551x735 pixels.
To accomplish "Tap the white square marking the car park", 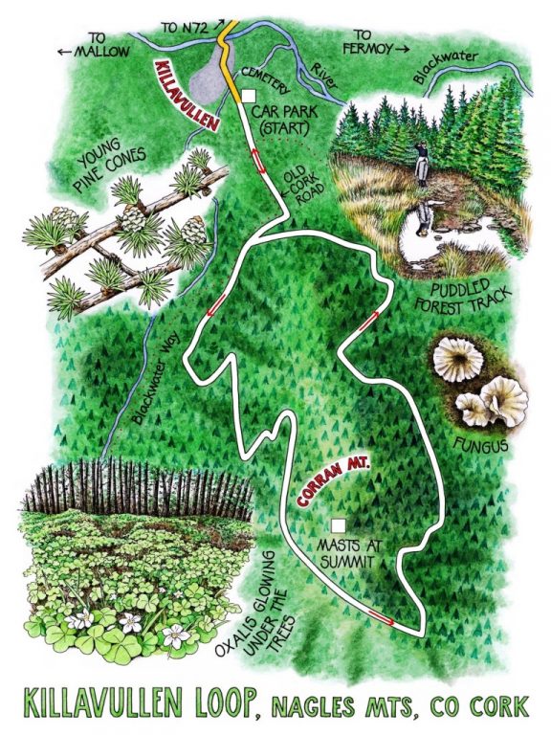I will pos(247,96).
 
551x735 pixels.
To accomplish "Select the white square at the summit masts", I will pos(337,525).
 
